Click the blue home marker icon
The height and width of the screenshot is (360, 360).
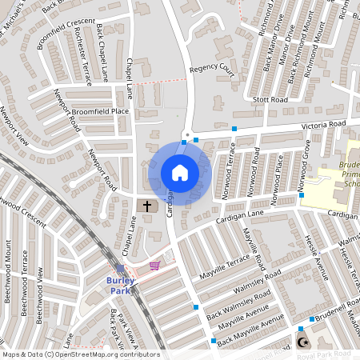click(x=180, y=173)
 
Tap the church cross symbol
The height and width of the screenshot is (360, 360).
click(x=147, y=206)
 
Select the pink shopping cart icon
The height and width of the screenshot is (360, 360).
click(x=154, y=265)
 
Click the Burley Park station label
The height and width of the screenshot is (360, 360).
click(x=119, y=286)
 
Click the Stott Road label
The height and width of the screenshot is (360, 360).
click(x=269, y=100)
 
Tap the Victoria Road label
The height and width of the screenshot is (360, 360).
click(x=323, y=125)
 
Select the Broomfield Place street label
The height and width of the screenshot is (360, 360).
click(x=100, y=110)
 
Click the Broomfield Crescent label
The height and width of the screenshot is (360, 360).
click(x=66, y=32)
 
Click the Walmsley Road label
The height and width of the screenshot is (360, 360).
click(x=257, y=280)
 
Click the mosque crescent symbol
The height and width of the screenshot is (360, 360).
click(x=302, y=342)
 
